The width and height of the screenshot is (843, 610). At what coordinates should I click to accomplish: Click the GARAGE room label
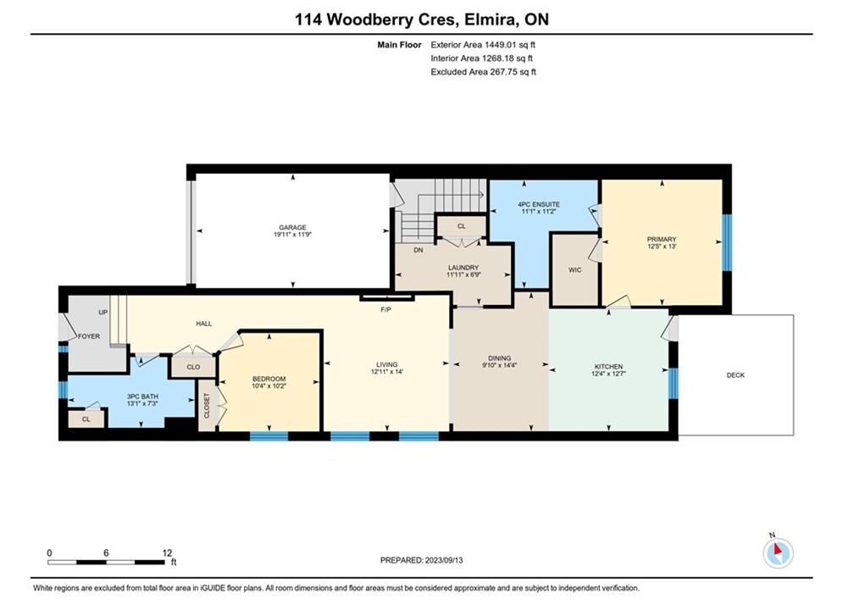292,227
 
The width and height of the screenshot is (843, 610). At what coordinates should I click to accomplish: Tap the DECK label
735,375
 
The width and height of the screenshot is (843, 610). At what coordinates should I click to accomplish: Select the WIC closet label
574,269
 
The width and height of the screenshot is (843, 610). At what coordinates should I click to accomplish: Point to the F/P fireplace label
385,310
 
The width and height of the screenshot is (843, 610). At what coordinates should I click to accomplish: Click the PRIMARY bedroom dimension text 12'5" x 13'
662,247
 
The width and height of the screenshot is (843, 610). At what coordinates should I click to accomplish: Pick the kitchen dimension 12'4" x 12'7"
608,373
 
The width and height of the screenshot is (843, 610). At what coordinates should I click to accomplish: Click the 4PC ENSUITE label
539,204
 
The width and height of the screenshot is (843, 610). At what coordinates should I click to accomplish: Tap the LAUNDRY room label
463,268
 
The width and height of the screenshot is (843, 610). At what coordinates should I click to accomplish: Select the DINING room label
500,358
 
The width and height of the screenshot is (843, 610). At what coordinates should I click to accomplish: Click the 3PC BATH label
142,396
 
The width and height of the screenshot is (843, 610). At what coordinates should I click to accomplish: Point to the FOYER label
89,336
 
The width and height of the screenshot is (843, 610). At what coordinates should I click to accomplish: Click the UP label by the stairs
103,313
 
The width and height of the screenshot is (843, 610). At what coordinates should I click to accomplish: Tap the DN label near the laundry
419,250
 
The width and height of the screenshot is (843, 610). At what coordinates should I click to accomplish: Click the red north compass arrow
777,549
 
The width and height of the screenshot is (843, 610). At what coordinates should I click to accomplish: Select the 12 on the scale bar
167,552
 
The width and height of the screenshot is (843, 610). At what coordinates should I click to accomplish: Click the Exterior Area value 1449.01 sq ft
510,45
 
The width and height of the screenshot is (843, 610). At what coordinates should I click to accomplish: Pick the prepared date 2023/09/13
444,560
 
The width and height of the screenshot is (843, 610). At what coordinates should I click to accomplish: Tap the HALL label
204,324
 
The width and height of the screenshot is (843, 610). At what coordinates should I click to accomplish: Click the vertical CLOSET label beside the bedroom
207,405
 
